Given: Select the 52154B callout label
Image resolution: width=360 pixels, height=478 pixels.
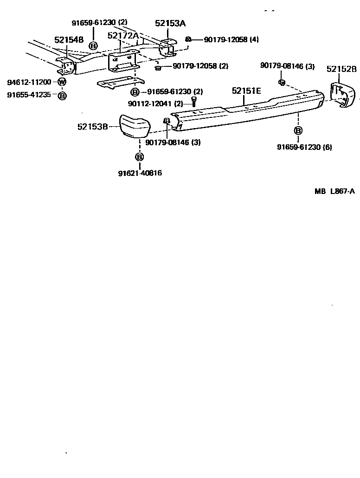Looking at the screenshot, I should pos(69,40).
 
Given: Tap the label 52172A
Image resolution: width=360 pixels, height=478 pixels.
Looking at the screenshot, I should pos(123,36).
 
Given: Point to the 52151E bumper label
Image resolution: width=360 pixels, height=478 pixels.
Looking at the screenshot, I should pos(246,91).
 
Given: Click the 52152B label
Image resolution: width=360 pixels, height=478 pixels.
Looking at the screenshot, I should pos(341,69).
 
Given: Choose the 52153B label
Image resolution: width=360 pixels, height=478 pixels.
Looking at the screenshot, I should pos(93,126).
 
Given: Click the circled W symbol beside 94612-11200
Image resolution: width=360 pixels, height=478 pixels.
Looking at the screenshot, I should pos(62,82).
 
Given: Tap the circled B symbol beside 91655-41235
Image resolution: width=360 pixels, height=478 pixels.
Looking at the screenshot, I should pos(62,96).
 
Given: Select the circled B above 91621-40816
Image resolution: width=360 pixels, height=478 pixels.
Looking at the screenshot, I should pos(139,157).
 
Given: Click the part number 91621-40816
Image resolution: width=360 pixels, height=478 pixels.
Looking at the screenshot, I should pos(140,173).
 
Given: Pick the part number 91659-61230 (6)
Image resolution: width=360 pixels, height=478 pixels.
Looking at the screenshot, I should pos(304,148).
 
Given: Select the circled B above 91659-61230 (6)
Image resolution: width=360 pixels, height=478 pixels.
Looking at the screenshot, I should pos(298,130).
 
